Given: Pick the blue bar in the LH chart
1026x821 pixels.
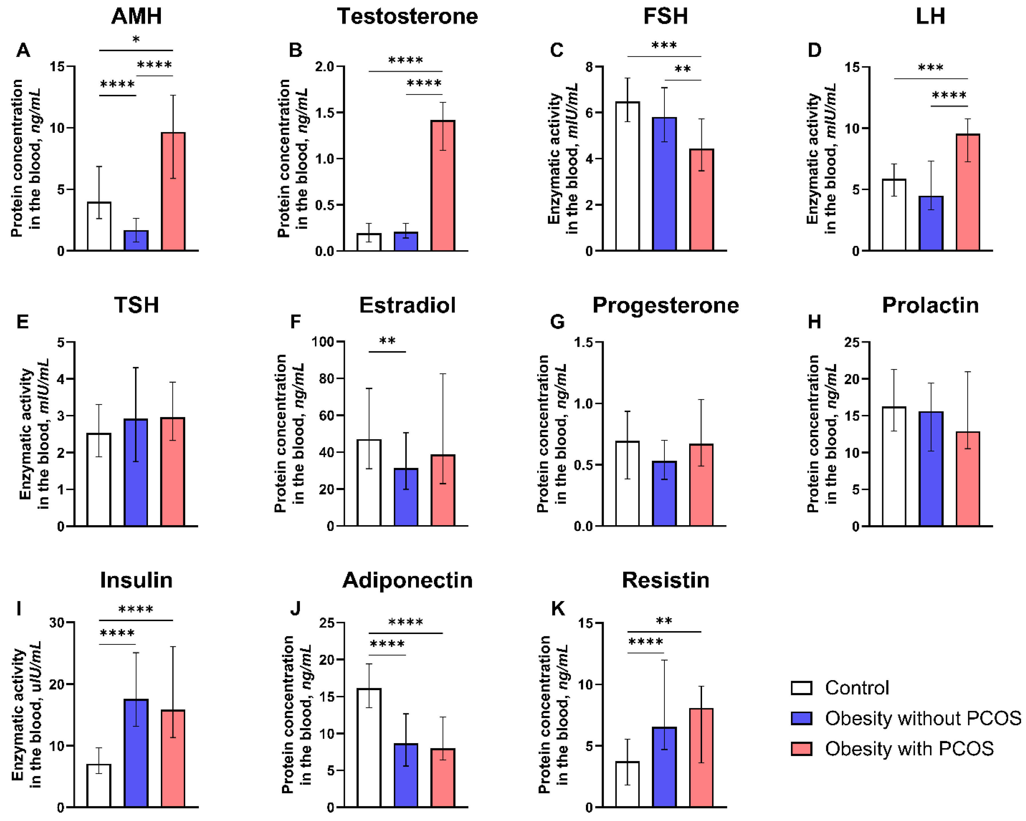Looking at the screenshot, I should point(931,223).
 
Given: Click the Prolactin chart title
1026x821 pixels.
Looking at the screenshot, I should point(930,305).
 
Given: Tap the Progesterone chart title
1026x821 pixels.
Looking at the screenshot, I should point(665,305).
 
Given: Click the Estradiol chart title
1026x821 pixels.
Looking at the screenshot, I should point(407,305).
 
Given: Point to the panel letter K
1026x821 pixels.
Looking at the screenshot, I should point(558,609).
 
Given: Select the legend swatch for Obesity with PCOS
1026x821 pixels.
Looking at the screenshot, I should point(801,749).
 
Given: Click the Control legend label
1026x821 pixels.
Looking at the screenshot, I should point(857,688).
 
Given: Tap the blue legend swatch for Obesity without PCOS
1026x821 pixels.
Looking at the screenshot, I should point(801,718).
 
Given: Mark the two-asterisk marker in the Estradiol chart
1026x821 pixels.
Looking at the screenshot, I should point(387,341).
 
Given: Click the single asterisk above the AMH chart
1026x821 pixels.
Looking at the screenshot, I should point(136,40).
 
